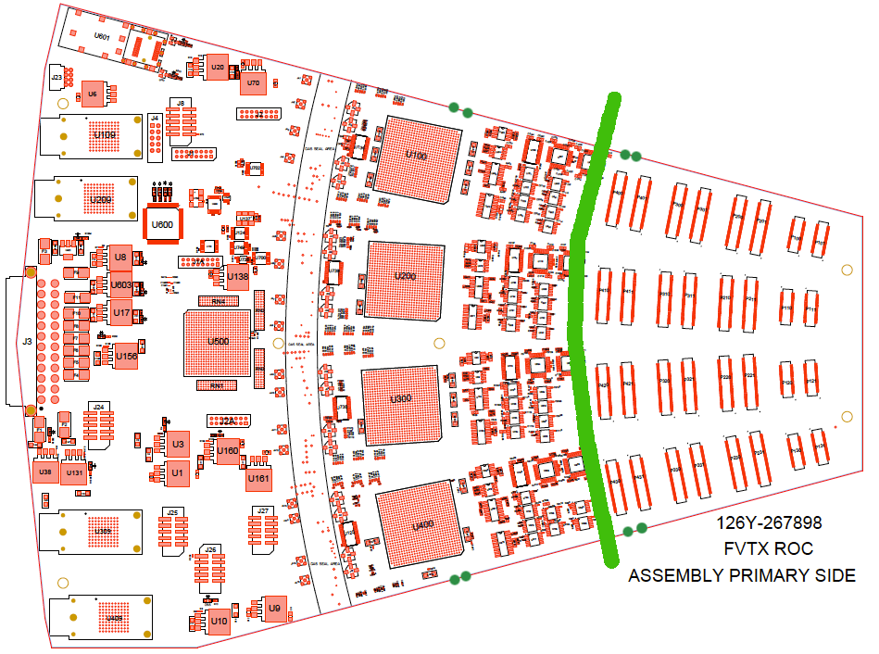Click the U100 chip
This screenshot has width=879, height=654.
pos(417,157)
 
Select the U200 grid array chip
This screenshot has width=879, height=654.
pos(406,277)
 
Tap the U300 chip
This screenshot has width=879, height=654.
pos(400,399)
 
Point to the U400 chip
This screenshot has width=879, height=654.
pos(421,525)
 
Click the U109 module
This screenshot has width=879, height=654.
pos(104,137)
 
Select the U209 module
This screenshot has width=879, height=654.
pos(99,199)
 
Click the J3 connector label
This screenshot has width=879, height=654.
pos(27,342)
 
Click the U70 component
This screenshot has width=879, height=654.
pos(252,84)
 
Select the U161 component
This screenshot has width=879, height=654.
pos(258,479)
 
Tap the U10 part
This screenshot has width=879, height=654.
pos(219,621)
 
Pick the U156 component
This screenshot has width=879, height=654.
pos(127,357)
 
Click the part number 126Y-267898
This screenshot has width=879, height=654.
pos(768,523)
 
